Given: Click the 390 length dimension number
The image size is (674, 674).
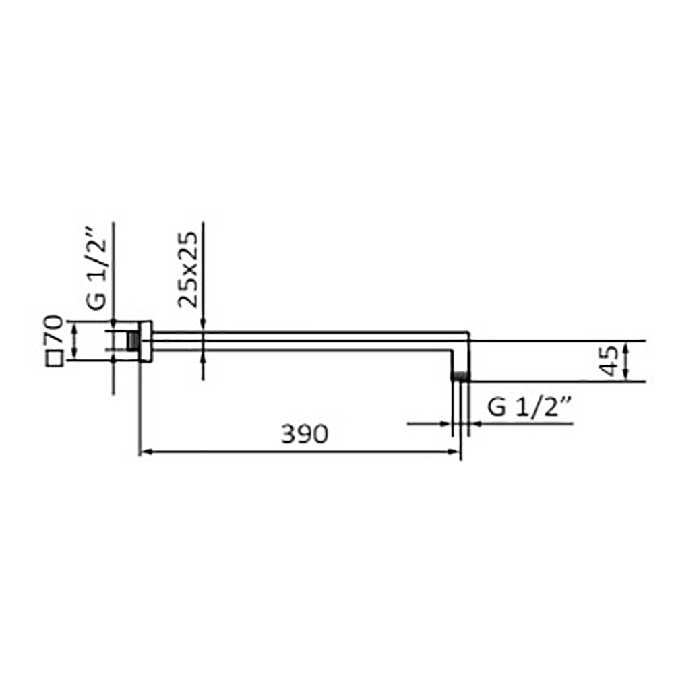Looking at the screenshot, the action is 305,433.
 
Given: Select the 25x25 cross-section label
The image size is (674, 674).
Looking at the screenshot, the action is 188,270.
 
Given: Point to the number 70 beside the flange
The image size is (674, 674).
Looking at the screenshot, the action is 53,329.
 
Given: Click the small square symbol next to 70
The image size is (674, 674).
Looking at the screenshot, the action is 55,359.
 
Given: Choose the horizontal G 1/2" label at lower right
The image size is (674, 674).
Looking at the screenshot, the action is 529,407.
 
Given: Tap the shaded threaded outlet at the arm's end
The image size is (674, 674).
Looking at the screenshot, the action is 460,377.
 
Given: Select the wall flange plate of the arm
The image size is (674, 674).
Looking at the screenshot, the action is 146,341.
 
